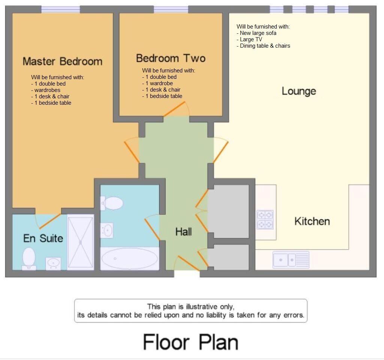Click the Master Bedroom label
pos(63,61)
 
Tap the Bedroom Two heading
pos(171,58)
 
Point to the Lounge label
pos(299,91)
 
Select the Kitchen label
pos(312,221)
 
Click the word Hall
pos(183,232)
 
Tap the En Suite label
pos(43,238)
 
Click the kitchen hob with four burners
pos(265,220)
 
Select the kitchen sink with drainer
pos(291,259)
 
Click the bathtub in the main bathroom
pos(130,259)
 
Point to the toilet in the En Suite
pos(29,258)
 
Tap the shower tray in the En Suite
pos(81,242)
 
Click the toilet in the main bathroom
pos(112,203)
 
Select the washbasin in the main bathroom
pos(107,230)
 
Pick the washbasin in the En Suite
pos(53,264)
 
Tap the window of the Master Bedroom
pos(60,9)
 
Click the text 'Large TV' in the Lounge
pos(251,39)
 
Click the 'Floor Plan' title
pos(190,342)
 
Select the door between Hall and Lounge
pos(220,152)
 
